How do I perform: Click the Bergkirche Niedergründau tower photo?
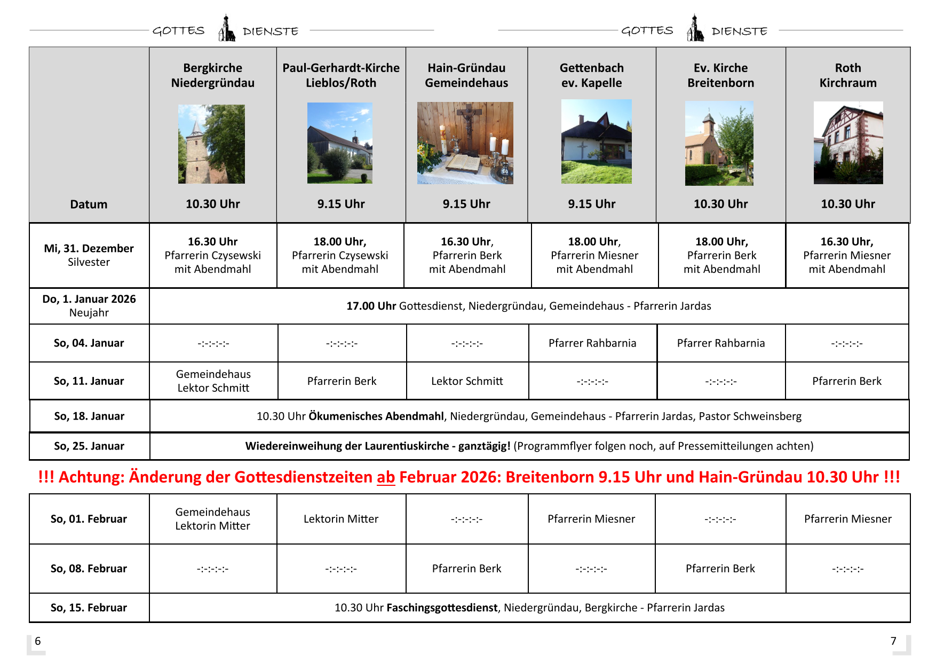pos(211,144)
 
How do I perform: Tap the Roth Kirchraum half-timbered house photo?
pos(848,143)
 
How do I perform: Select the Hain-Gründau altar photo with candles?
pos(465,143)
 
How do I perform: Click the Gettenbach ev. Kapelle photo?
pos(596,141)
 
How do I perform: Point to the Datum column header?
pos(89,204)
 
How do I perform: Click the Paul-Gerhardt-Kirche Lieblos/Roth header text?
pos(341,75)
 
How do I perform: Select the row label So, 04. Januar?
pos(89,343)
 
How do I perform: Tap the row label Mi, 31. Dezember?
pos(89,249)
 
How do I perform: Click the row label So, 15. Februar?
pos(89,608)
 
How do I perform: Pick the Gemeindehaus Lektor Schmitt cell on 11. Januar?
pos(213,381)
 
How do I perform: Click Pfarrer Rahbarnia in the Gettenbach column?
pos(592,343)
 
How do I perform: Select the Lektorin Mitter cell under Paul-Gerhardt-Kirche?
pos(341,519)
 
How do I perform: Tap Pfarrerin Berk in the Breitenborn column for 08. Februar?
pos(720,569)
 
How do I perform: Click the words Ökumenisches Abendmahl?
pos(376,416)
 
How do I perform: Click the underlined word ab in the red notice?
pos(385,477)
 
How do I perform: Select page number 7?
pos(893,641)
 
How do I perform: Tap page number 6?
pos(38,641)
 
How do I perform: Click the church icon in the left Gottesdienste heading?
pos(226,29)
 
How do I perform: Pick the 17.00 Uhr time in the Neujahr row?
pos(371,306)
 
